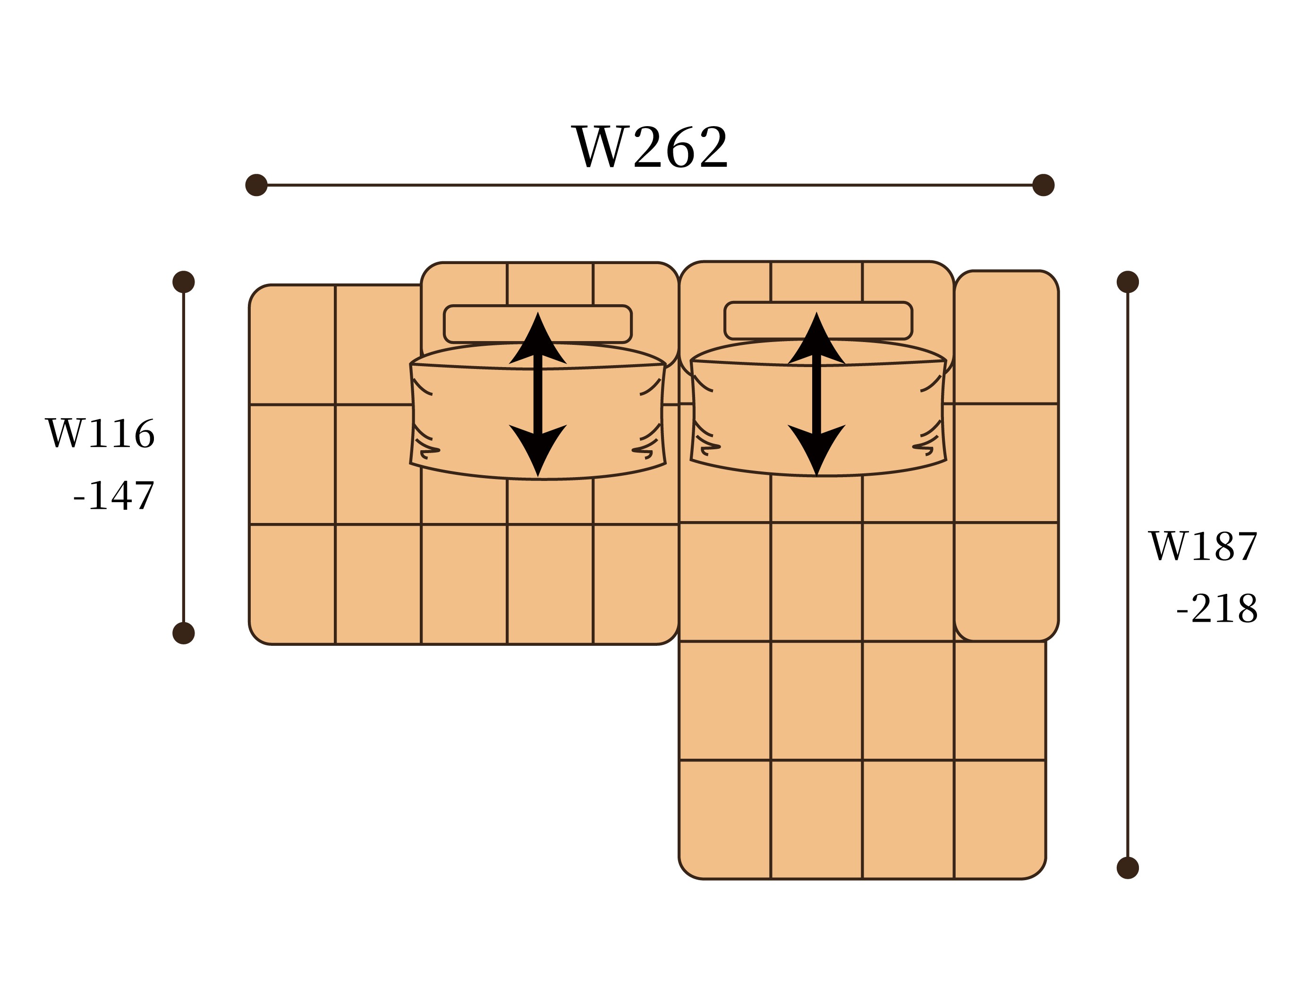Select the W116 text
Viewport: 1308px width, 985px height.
101,434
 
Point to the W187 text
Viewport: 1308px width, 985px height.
1203,546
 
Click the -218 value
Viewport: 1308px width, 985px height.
1217,609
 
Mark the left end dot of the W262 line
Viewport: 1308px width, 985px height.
256,185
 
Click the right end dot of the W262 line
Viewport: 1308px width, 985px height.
1043,185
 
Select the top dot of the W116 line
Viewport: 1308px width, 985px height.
183,282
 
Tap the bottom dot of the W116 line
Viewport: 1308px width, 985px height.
183,633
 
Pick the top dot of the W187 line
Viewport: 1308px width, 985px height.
1128,282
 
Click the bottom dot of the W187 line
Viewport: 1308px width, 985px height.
1128,868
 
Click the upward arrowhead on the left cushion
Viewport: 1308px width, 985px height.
537,340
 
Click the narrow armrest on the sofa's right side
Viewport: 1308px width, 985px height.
1006,455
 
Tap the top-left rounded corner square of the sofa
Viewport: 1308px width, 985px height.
293,345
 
